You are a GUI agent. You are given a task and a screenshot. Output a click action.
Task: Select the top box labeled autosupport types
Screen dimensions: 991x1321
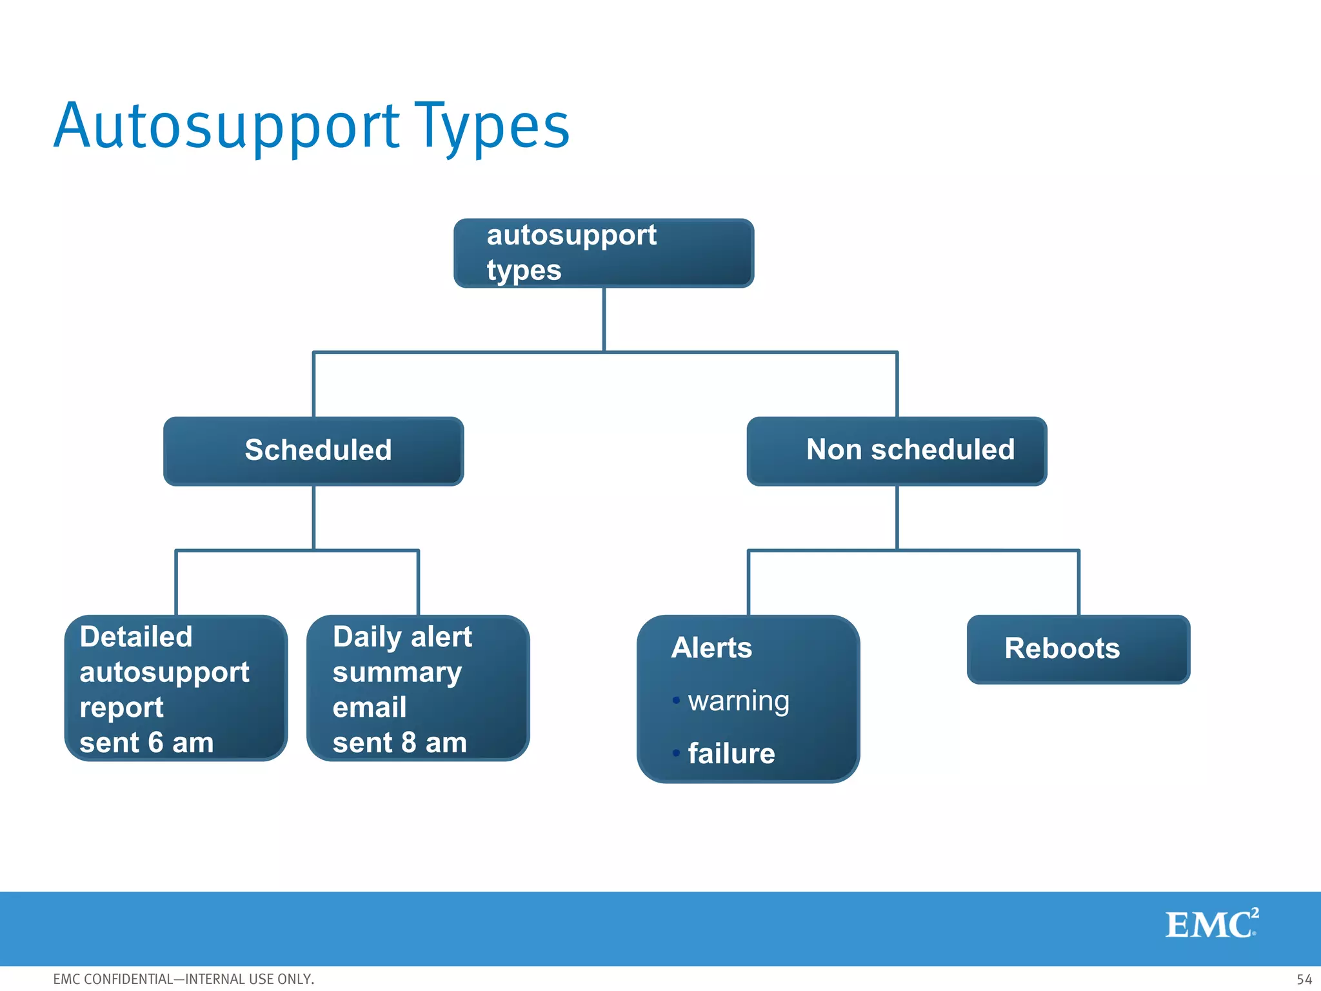(x=604, y=253)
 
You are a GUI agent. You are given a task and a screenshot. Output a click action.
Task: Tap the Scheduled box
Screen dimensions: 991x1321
(x=313, y=451)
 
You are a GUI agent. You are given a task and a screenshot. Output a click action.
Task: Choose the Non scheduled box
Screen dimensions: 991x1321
(x=897, y=451)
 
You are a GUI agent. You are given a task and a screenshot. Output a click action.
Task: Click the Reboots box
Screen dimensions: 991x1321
(x=1078, y=649)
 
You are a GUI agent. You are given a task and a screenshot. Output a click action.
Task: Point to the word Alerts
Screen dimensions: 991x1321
(x=711, y=648)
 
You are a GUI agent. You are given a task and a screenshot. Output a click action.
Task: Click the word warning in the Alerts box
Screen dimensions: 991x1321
(x=739, y=701)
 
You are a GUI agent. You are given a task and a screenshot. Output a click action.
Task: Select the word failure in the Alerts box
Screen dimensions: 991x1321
(x=731, y=754)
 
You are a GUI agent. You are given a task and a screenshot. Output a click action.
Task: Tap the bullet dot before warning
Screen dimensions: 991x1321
(x=676, y=700)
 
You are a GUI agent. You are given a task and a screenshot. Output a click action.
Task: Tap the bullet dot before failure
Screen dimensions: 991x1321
(x=676, y=753)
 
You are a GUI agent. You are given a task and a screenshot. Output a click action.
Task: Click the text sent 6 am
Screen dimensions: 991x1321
(x=146, y=743)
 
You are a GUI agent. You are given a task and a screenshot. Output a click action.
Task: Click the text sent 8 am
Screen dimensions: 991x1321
(x=399, y=743)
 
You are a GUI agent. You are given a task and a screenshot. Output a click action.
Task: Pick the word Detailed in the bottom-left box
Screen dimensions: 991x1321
(x=136, y=637)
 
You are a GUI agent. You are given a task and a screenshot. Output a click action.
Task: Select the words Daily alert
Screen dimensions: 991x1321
(x=402, y=637)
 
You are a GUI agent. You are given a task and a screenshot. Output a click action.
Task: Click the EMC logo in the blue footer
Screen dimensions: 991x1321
(x=1211, y=925)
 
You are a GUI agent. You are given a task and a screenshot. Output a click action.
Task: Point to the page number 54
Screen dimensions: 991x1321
(x=1304, y=979)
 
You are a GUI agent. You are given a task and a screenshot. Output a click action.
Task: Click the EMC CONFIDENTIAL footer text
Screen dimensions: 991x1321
(x=184, y=979)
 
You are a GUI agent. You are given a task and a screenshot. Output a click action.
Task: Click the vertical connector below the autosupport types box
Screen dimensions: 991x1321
(x=604, y=319)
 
